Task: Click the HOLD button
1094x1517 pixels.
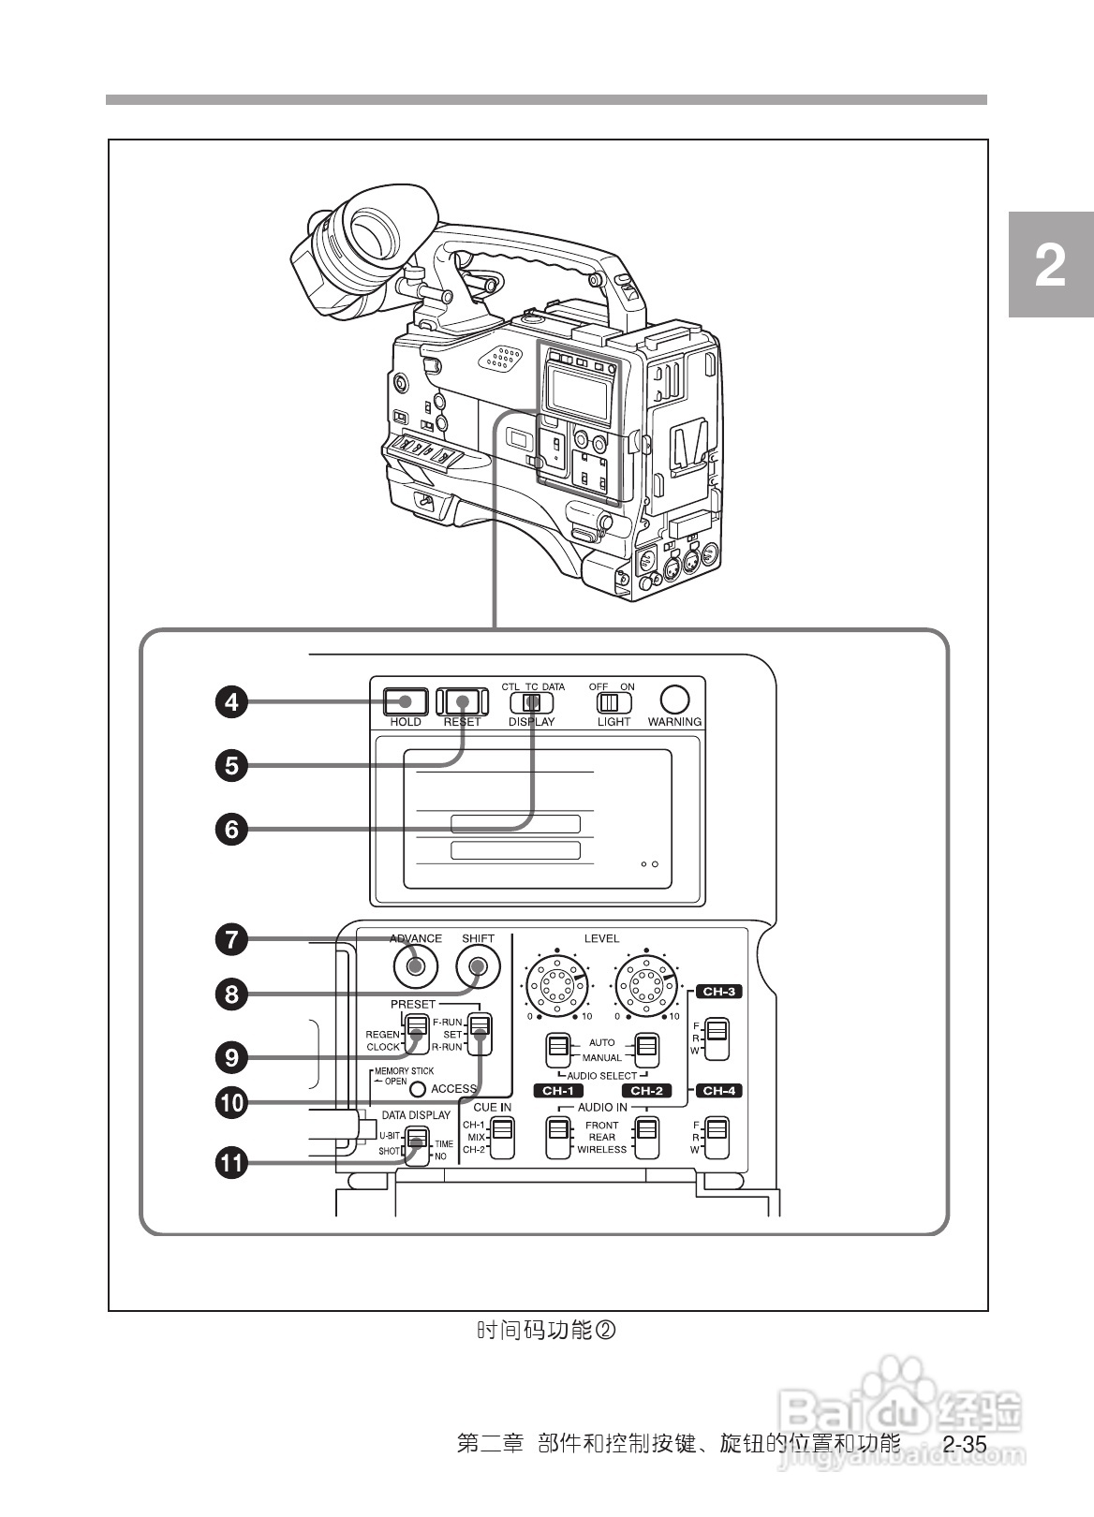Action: (406, 701)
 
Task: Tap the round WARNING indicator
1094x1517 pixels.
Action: (674, 700)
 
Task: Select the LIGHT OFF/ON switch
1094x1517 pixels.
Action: (614, 701)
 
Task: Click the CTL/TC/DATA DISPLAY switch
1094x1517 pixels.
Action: (531, 702)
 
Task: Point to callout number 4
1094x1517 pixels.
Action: (231, 701)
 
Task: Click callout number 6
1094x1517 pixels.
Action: (231, 828)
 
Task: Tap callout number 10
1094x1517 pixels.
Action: (231, 1102)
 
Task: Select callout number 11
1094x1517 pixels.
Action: (231, 1164)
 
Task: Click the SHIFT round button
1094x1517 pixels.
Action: (478, 967)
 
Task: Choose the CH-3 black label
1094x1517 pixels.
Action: (718, 992)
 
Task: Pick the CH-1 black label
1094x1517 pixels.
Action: (558, 1091)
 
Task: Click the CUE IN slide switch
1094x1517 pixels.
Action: (503, 1137)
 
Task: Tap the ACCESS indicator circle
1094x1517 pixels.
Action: (418, 1089)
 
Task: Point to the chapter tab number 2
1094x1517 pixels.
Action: (1050, 266)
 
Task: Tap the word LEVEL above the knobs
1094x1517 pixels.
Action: (601, 938)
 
